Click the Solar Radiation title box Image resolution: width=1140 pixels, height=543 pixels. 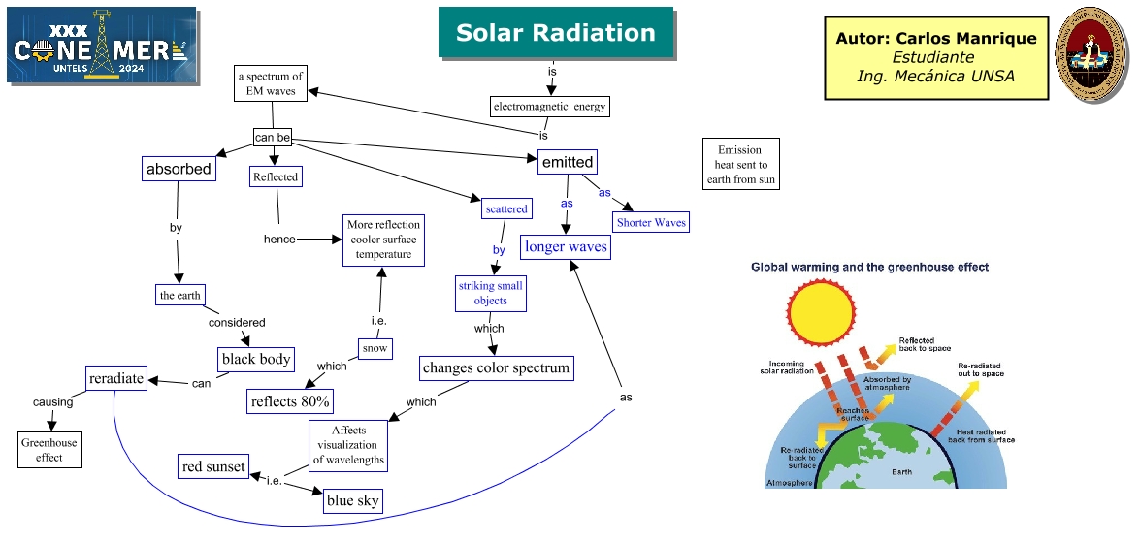tap(555, 32)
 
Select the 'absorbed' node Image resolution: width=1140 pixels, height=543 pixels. tap(179, 169)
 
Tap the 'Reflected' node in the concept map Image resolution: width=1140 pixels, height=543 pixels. tap(276, 176)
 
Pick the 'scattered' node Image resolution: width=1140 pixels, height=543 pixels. tap(506, 208)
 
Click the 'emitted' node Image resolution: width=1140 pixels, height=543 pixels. tap(568, 162)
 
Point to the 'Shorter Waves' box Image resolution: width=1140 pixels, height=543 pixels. tap(651, 222)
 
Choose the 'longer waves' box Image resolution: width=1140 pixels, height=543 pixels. tap(566, 247)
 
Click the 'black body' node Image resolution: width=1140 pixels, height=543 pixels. tap(256, 359)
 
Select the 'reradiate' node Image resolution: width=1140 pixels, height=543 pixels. tap(116, 378)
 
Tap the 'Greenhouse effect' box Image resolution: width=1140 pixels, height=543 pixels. tap(49, 450)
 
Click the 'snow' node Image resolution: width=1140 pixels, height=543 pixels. tap(375, 348)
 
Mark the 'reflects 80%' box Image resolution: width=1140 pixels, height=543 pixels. tap(291, 400)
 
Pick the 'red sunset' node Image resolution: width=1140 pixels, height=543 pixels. tap(213, 467)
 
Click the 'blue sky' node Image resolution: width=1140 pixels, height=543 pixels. tap(353, 500)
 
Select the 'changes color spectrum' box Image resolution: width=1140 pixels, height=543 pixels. tap(496, 368)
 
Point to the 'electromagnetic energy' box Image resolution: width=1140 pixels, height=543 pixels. tap(550, 107)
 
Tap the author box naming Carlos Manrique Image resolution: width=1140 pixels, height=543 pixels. tap(935, 57)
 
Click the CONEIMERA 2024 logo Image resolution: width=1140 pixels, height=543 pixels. tap(102, 46)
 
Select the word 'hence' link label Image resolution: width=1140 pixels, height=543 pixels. tap(279, 239)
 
